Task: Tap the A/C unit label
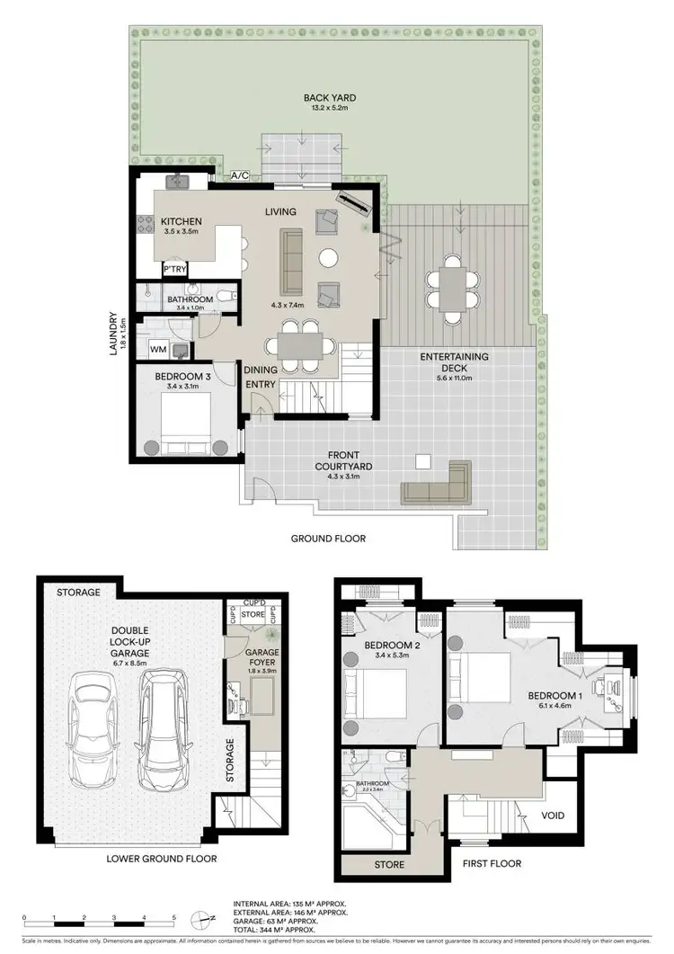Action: (241, 176)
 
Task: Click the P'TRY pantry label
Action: (174, 269)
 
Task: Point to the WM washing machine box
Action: (158, 348)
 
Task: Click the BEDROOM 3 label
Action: (182, 377)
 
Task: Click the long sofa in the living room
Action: (291, 262)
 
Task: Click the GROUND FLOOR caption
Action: (328, 539)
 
